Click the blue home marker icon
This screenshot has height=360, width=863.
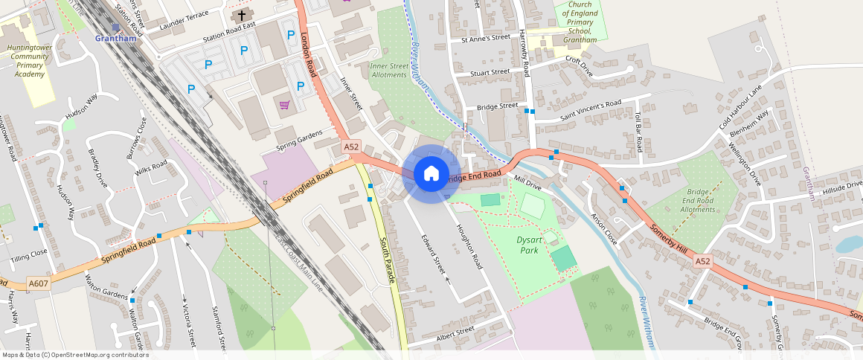pos(431,174)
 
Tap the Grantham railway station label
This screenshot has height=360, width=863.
pos(115,38)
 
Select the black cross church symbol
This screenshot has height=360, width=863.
pos(241,16)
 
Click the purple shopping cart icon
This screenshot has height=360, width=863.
pos(284,105)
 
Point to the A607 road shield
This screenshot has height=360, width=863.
pos(39,283)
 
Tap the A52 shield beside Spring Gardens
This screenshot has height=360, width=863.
pos(352,147)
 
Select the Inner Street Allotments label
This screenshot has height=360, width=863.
pos(389,70)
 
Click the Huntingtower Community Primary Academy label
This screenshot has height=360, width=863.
pos(29,61)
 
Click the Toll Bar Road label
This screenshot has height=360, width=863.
pos(638,132)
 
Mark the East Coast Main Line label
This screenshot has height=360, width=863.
pos(298,263)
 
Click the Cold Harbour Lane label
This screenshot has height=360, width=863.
pos(741,108)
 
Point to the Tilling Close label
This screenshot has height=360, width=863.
pos(28,252)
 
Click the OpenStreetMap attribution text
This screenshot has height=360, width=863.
pos(75,355)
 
